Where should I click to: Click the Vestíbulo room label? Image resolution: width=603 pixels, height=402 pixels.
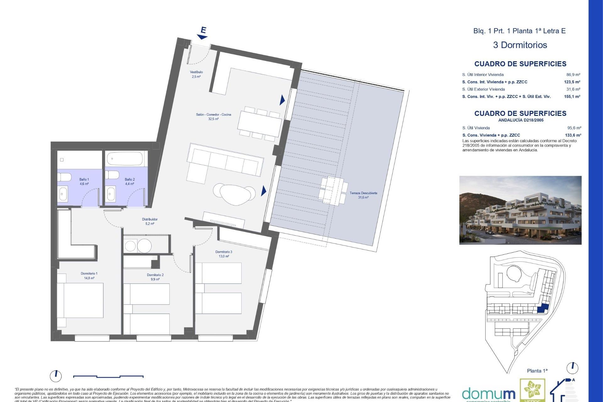[196, 74]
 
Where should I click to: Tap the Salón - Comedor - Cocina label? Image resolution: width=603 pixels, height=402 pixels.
[213, 117]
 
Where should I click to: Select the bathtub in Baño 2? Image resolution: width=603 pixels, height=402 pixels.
[125, 159]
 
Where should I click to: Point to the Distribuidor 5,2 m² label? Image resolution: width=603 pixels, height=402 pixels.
[149, 221]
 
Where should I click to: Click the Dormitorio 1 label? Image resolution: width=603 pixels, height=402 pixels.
[89, 275]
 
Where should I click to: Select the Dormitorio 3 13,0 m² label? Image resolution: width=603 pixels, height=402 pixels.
[224, 254]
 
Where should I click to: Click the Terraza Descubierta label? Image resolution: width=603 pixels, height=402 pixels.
[363, 195]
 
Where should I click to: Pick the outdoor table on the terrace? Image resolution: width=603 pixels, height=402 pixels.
[333, 190]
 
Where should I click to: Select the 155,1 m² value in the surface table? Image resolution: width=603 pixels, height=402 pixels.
[572, 96]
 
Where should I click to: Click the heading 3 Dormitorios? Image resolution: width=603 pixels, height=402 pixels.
[520, 45]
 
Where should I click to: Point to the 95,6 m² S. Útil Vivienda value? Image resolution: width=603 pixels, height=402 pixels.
[574, 128]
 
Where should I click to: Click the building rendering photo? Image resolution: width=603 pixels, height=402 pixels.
[520, 210]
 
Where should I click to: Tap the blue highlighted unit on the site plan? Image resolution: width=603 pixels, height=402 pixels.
[543, 309]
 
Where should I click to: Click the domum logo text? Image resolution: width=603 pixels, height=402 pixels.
[488, 394]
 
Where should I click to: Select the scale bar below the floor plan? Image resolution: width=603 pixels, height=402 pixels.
[108, 376]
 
